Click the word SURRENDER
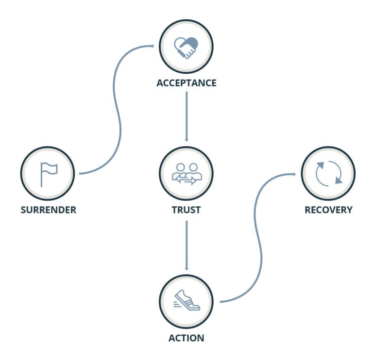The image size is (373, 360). click(49, 211)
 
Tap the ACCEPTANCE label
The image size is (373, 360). click(186, 83)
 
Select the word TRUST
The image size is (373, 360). click(186, 211)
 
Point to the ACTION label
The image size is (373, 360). click(186, 338)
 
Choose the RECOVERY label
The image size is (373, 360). click(328, 211)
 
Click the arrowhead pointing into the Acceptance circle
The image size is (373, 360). click(152, 46)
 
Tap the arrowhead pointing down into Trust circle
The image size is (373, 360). click(186, 140)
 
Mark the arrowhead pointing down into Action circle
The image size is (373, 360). click(186, 267)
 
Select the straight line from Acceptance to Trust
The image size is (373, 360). click(186, 114)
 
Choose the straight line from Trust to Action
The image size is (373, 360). click(186, 243)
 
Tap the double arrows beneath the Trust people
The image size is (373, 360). click(186, 181)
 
